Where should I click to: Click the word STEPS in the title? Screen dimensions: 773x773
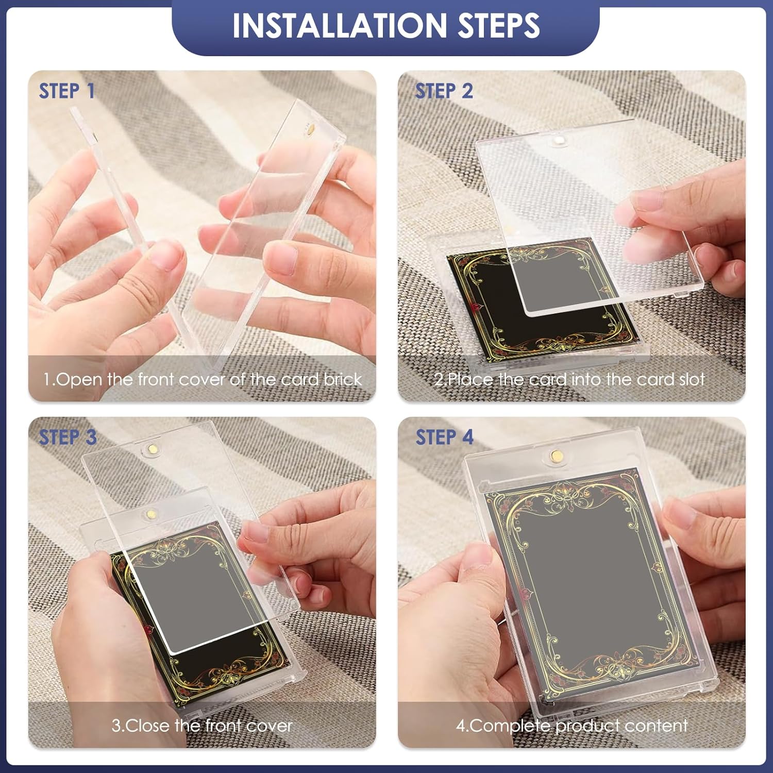pyautogui.click(x=499, y=25)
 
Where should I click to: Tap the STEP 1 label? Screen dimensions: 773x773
pyautogui.click(x=67, y=91)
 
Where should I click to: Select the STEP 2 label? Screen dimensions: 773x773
pyautogui.click(x=444, y=91)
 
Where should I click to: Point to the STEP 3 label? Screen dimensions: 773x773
pyautogui.click(x=68, y=438)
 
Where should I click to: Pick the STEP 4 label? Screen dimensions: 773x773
pyautogui.click(x=444, y=438)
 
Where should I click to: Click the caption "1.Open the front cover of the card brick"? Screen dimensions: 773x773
pyautogui.click(x=203, y=379)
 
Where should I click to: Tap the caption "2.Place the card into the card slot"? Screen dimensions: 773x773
pyautogui.click(x=569, y=379)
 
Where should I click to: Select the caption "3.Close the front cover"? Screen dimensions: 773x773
pyautogui.click(x=202, y=726)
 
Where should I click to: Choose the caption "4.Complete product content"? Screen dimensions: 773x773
pyautogui.click(x=572, y=726)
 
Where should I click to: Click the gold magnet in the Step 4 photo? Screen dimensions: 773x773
pyautogui.click(x=556, y=456)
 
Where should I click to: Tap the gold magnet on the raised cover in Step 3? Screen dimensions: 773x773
pyautogui.click(x=152, y=448)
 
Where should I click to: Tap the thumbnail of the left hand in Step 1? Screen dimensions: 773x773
pyautogui.click(x=163, y=255)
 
